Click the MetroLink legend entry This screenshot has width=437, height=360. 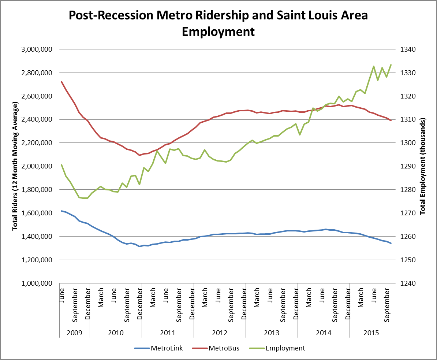(167, 348)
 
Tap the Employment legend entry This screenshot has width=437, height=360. (285, 348)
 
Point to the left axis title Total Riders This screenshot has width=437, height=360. (15, 167)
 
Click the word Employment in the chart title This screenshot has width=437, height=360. (218, 31)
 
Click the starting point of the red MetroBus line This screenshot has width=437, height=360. (61, 82)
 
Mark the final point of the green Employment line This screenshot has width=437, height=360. (391, 65)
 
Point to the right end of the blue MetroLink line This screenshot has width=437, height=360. (391, 243)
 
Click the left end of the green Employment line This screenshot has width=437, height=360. (61, 165)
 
